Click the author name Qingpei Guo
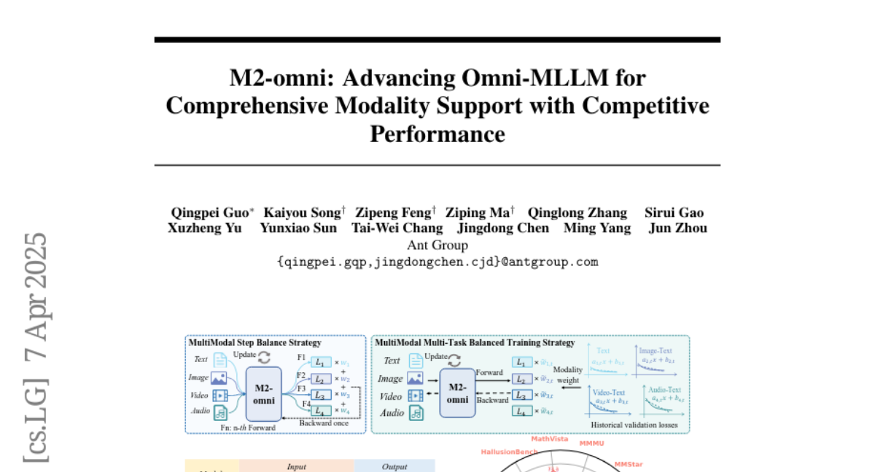point(210,213)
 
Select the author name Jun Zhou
point(677,228)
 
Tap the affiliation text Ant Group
point(437,245)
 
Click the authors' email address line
point(437,261)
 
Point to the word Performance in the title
point(437,134)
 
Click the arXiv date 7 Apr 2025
point(36,295)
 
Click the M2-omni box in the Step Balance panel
point(264,393)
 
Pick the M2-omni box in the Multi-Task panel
point(457,393)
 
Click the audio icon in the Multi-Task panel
point(416,413)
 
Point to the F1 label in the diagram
point(302,357)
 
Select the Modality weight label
point(568,375)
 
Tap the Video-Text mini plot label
point(610,392)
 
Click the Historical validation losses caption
point(634,425)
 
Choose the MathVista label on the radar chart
point(549,439)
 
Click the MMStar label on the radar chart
point(629,463)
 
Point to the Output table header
point(394,466)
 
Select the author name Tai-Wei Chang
point(397,228)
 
